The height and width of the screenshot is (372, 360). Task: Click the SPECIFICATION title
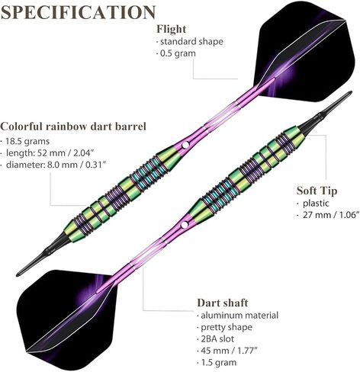(x=78, y=12)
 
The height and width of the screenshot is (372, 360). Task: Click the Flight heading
(x=172, y=29)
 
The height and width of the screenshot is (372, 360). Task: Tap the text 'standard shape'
(x=191, y=41)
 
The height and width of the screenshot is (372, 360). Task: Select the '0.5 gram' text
(x=178, y=53)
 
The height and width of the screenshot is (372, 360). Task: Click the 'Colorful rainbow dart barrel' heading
(x=73, y=127)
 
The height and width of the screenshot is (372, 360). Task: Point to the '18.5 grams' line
(x=27, y=141)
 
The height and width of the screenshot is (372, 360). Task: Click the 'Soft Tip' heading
(x=317, y=191)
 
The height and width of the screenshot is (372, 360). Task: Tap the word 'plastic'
(x=316, y=204)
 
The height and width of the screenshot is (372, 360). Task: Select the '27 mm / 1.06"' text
(x=331, y=215)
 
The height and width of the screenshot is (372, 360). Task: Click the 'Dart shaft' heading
(x=223, y=303)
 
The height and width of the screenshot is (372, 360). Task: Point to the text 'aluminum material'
(x=239, y=316)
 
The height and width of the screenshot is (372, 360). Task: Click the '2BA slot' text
(x=217, y=338)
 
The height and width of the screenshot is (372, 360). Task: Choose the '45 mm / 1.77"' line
(x=229, y=351)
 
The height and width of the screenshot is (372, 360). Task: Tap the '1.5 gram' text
(x=219, y=362)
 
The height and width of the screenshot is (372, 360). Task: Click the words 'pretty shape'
(x=227, y=327)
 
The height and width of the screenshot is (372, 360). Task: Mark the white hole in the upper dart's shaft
(x=185, y=145)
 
